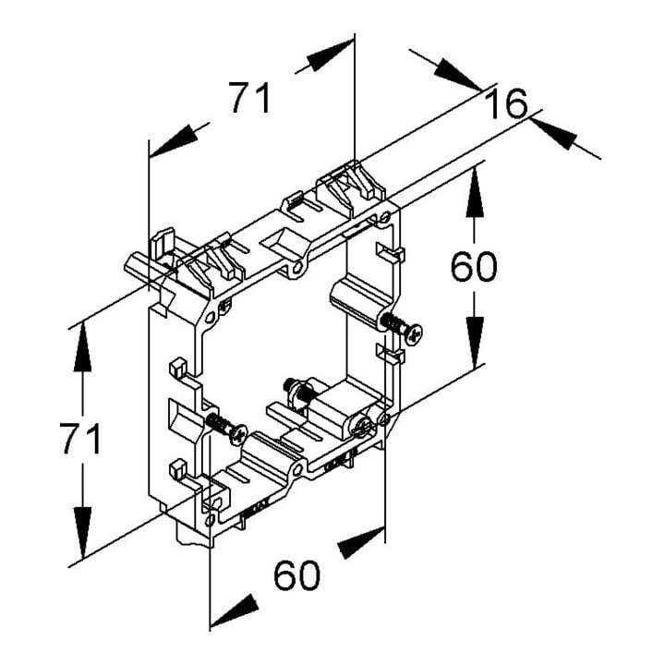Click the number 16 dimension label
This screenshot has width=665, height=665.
[x=506, y=103]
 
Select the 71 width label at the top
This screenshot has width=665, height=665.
[x=249, y=98]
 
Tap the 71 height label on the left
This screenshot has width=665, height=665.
[x=80, y=438]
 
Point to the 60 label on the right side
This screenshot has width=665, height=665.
[x=473, y=266]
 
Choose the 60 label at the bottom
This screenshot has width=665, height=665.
[x=296, y=575]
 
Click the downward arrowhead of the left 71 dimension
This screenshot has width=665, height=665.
[x=82, y=532]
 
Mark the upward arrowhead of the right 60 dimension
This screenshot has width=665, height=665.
[x=475, y=193]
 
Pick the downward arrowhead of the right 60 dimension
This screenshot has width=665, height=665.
[x=475, y=343]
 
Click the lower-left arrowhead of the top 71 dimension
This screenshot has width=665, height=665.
[x=174, y=141]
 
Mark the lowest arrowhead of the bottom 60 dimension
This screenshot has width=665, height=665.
[x=235, y=611]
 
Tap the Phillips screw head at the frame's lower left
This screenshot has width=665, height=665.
[x=239, y=435]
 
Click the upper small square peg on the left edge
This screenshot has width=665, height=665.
[x=178, y=368]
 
